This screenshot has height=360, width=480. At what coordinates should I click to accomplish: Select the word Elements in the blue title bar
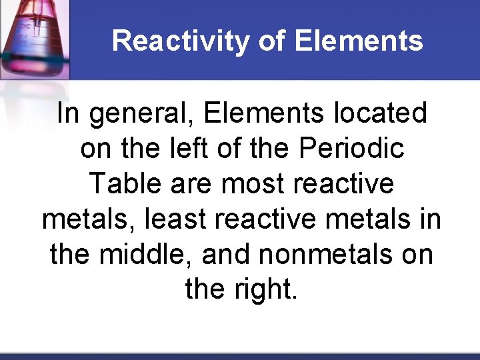(x=358, y=41)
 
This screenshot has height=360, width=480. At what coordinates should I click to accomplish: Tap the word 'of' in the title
(x=271, y=41)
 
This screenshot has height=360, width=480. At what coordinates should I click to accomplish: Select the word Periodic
(x=351, y=149)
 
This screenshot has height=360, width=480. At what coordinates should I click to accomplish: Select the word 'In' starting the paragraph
(x=69, y=113)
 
